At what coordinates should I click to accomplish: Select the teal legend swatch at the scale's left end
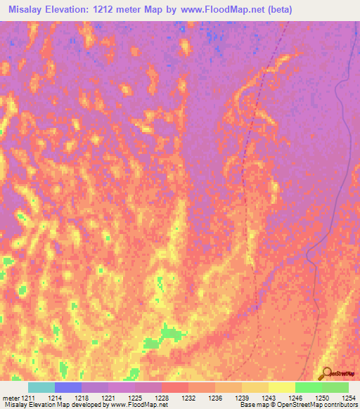(41, 387)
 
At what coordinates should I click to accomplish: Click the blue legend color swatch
(68, 387)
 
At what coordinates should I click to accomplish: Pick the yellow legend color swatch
(282, 387)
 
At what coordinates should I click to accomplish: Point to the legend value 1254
(348, 398)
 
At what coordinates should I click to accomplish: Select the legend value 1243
(269, 398)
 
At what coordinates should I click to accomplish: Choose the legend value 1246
(295, 398)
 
